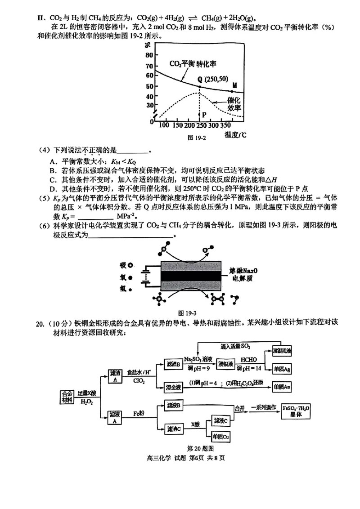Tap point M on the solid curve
pyautogui.click(x=232, y=91)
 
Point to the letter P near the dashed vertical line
pyautogui.click(x=204, y=115)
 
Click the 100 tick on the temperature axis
pyautogui.click(x=164, y=125)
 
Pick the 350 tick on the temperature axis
pyautogui.click(x=228, y=125)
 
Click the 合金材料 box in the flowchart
pyautogui.click(x=67, y=397)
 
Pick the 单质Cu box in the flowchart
pyautogui.click(x=221, y=436)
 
